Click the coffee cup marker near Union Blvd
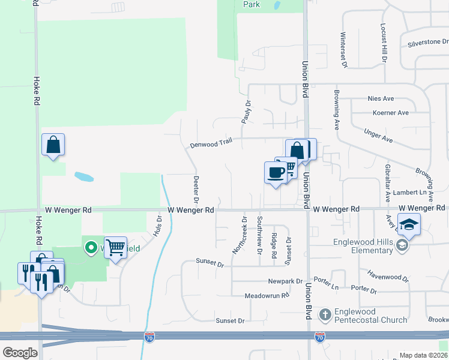(x=276, y=173)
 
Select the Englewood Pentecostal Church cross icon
(x=324, y=314)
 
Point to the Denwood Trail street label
(x=211, y=144)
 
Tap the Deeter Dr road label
(x=196, y=188)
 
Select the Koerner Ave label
(x=390, y=113)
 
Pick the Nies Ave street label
(x=381, y=98)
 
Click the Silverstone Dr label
(x=428, y=43)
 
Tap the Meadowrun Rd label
(x=267, y=296)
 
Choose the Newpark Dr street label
(x=285, y=281)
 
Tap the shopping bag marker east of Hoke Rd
(x=53, y=145)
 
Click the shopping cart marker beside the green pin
(x=115, y=247)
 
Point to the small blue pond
(x=84, y=177)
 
